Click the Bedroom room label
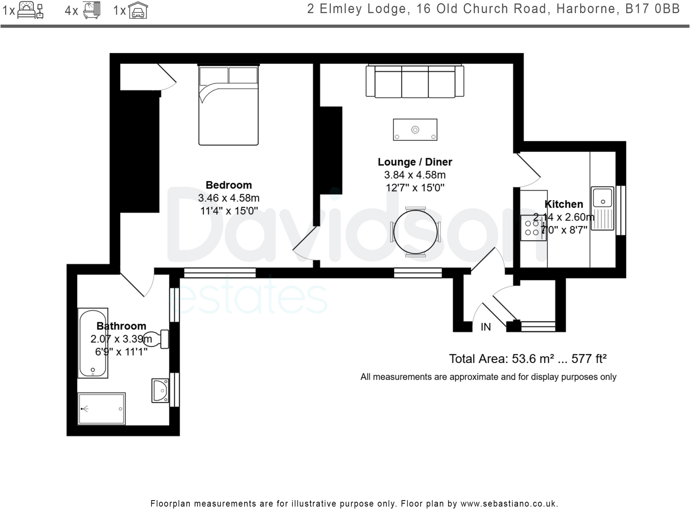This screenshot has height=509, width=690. [228, 185]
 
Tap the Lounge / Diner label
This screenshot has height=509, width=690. [415, 162]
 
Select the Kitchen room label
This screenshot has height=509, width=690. [564, 204]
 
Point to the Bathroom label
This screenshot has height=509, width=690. [121, 326]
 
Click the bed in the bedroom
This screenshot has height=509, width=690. [228, 105]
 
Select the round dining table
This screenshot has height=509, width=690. [415, 232]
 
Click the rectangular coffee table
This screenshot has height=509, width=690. [415, 129]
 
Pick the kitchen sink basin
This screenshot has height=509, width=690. [602, 197]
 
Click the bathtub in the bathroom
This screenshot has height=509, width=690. [93, 343]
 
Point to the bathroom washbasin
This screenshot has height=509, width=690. [160, 391]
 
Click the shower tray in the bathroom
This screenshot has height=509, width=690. [102, 409]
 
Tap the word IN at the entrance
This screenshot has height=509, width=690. [485, 327]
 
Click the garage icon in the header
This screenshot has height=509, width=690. [138, 10]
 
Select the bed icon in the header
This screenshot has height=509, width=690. [30, 10]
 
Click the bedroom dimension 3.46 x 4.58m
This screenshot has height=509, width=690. [229, 198]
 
